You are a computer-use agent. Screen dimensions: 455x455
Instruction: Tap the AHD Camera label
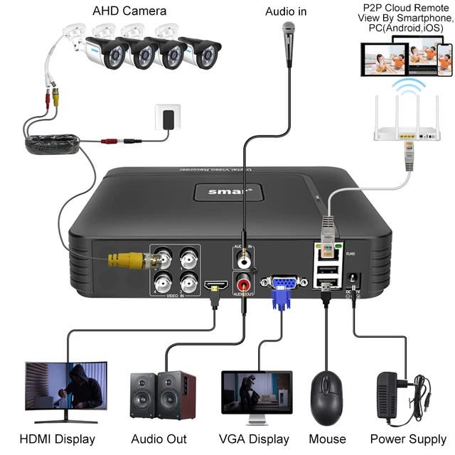point(129,11)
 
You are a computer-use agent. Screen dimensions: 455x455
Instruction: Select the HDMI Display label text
point(57,439)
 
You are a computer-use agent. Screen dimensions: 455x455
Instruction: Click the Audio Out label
point(159,439)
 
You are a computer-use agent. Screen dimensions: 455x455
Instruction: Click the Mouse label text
point(327,439)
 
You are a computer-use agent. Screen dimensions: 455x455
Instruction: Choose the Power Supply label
point(407,439)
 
